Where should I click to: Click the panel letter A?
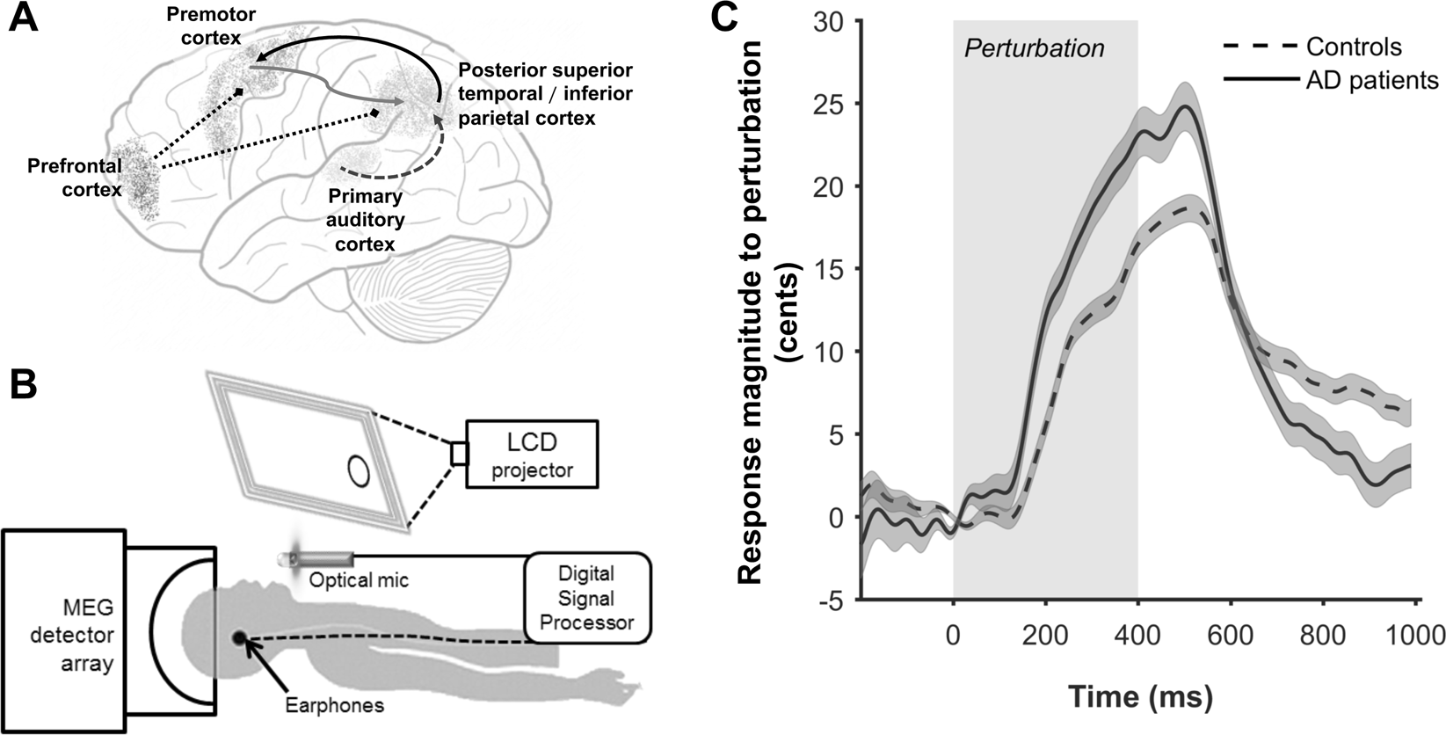pos(23,19)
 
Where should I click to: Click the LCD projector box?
pos(532,454)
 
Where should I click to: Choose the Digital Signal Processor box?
pos(587,599)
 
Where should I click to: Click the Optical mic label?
pos(359,581)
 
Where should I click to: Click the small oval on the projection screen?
pos(358,470)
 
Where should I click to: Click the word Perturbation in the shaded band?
pos(1034,48)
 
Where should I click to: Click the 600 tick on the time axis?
pos(1231,635)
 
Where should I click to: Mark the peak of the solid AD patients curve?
pos(1186,107)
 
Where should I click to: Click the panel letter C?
pos(748,19)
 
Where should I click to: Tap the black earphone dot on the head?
pos(238,637)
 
